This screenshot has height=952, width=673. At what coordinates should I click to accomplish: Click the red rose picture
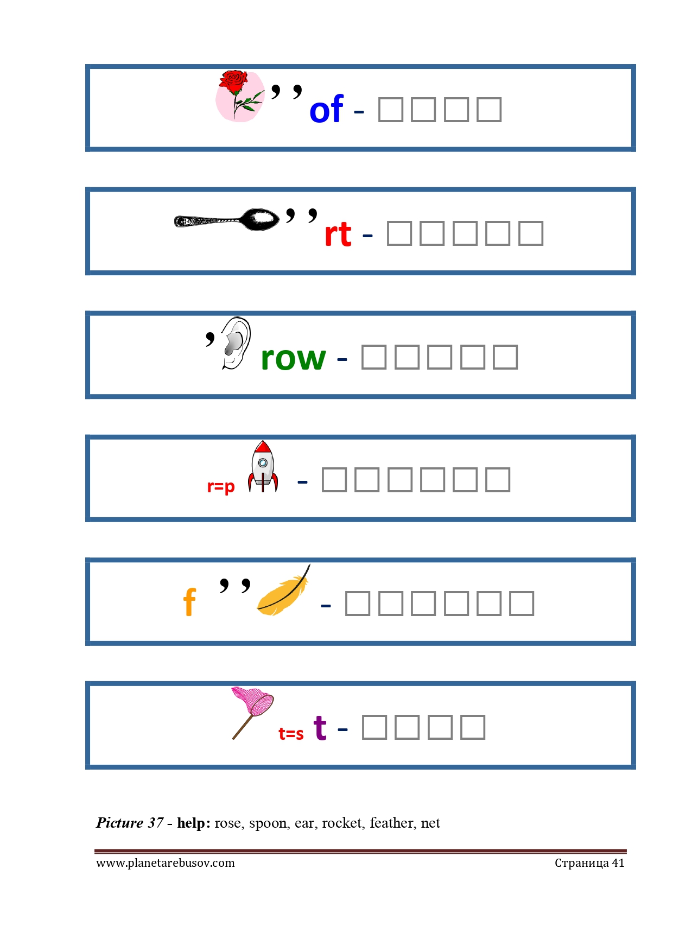239,96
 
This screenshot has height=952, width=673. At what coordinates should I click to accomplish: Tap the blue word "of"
326,110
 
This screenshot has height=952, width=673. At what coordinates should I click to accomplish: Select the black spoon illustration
226,220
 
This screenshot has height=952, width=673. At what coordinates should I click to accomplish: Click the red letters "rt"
338,234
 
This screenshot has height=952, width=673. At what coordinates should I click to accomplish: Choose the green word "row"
293,358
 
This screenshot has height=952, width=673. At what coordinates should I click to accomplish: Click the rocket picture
263,467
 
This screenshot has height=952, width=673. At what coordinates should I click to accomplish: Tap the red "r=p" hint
221,486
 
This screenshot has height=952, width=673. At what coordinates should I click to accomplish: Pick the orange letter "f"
189,602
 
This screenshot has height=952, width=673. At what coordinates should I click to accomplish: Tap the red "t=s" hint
291,734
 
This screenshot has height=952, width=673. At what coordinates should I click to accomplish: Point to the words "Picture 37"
130,823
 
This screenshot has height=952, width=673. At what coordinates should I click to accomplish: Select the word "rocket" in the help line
342,823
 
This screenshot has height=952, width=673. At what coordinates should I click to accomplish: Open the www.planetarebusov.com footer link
166,863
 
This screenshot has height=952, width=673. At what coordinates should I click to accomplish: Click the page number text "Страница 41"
589,863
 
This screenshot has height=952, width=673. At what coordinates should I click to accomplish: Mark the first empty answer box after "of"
390,110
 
